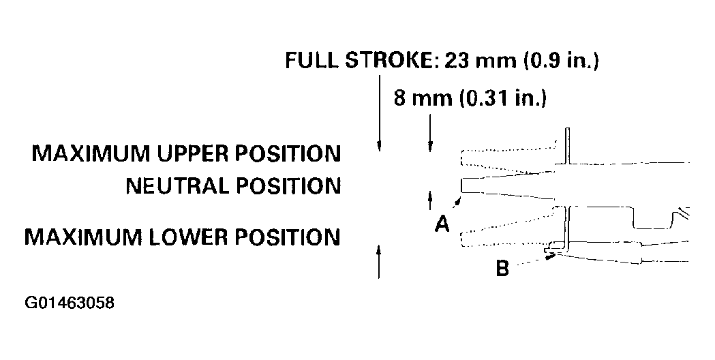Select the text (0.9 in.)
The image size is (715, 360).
(562, 60)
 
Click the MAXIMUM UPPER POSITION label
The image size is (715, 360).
(186, 154)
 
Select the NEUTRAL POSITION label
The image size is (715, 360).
(233, 186)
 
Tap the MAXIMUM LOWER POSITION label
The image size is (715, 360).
(182, 237)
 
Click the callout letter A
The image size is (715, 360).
(442, 224)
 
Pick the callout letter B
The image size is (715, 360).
(502, 269)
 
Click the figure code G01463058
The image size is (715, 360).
(70, 303)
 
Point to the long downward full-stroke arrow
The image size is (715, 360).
(379, 113)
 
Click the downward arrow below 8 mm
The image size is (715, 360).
(429, 132)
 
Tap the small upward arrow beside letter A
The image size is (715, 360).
(429, 200)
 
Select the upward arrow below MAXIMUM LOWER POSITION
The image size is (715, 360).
(379, 261)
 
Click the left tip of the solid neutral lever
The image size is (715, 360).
(461, 185)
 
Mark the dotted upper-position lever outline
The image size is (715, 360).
(509, 156)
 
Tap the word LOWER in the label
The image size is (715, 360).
(189, 237)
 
